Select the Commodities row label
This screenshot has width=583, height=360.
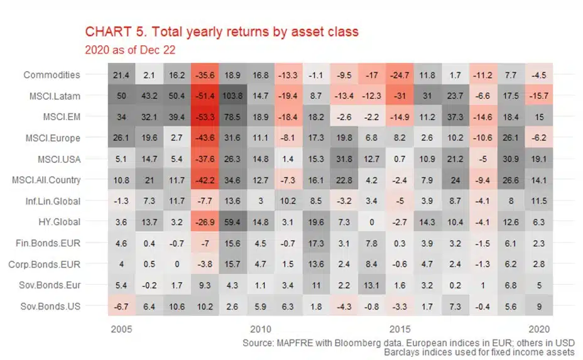pyautogui.click(x=52, y=75)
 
